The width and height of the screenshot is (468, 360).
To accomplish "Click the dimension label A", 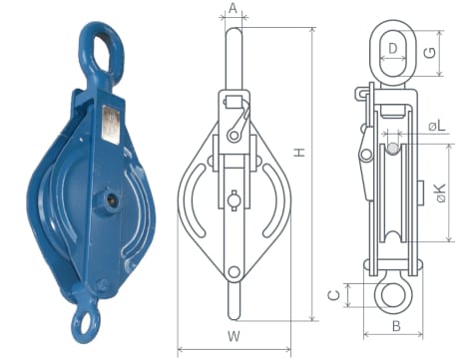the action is point(234,8).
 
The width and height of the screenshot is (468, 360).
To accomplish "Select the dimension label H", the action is point(300,153).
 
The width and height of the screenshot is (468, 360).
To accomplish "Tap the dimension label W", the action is point(234,336).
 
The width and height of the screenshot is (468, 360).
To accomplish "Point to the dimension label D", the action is point(393,49).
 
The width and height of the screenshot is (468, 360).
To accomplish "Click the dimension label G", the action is point(431,53).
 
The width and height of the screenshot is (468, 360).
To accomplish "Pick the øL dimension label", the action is point(436,127).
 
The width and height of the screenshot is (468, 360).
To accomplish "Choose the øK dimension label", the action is point(441,193).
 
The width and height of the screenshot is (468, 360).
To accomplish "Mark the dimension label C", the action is point(334,295).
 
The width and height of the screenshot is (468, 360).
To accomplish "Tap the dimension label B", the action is point(396,326).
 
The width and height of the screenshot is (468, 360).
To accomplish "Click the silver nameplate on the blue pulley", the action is point(110,125).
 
